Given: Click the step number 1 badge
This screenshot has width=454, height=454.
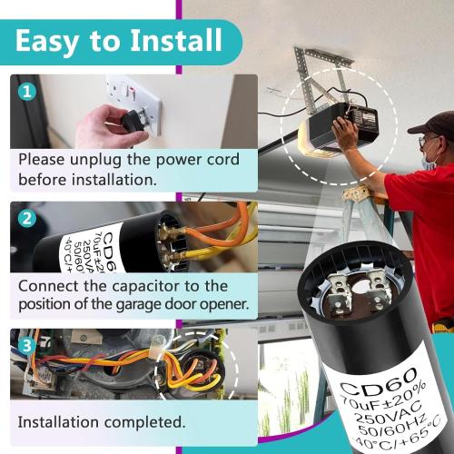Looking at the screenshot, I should [x=26, y=91].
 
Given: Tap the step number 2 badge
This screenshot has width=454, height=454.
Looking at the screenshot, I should [x=26, y=218].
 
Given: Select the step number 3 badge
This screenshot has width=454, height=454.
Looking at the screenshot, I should [x=26, y=345].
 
